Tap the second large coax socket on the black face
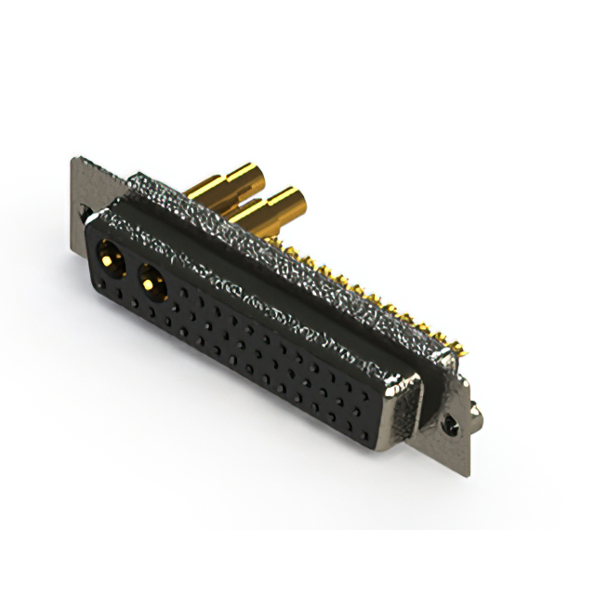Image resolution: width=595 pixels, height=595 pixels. tap(151, 278)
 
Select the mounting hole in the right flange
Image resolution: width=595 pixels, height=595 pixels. tap(452, 424)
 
